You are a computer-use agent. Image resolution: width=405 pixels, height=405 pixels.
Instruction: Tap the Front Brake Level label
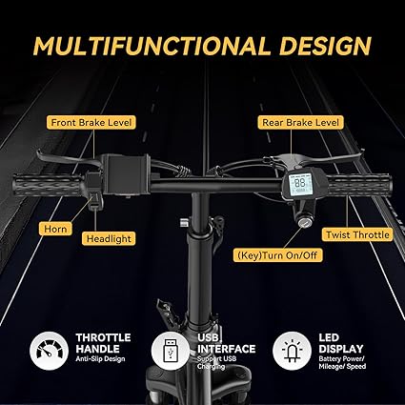91,122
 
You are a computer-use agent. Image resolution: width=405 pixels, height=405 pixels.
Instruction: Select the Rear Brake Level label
300,122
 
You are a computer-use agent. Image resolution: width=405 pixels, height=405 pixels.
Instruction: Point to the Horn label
55,229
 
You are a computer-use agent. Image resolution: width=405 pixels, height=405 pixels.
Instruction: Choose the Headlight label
109,238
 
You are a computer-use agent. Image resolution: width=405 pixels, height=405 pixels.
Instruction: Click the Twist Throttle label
357,234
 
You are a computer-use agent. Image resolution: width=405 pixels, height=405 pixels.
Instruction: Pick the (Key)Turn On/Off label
277,255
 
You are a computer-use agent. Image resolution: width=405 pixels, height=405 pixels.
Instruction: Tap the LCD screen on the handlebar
300,183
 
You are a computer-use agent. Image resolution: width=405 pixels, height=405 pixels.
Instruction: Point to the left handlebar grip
48,185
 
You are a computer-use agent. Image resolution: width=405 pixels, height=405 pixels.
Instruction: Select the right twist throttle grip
358,185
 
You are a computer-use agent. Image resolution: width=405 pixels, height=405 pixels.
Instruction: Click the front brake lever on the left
69,159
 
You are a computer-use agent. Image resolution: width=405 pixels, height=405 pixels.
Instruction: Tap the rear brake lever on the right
331,158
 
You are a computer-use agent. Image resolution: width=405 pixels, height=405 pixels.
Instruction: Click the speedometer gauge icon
49,351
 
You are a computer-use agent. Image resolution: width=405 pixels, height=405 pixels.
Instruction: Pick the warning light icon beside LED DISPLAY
292,351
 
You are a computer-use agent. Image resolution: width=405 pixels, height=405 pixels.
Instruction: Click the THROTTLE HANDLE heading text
103,343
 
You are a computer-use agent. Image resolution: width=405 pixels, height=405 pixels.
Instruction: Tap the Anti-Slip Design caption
100,359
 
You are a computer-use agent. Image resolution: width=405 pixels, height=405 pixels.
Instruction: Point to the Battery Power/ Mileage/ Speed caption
342,362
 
